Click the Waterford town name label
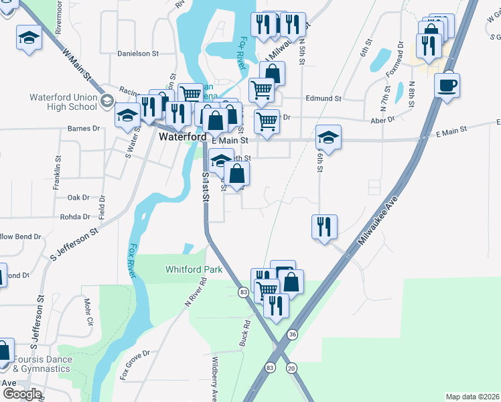pyautogui.click(x=182, y=137)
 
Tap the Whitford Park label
pyautogui.click(x=194, y=269)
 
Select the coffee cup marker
pyautogui.click(x=447, y=86)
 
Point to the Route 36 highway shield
pyautogui.click(x=292, y=334)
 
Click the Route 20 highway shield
pyautogui.click(x=291, y=368)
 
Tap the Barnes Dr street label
pyautogui.click(x=84, y=128)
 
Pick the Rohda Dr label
pyautogui.click(x=75, y=217)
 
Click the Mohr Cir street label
pyautogui.click(x=88, y=314)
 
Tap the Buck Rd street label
pyautogui.click(x=245, y=333)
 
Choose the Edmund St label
pyautogui.click(x=323, y=98)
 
